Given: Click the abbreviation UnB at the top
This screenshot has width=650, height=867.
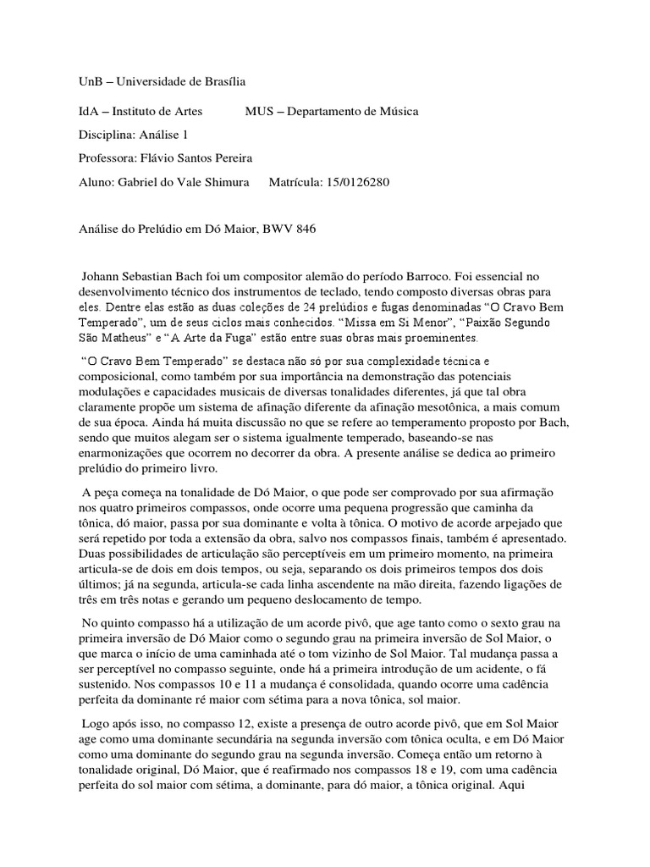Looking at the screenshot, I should click(90, 81).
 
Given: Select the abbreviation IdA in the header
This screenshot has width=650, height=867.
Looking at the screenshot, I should click(89, 112).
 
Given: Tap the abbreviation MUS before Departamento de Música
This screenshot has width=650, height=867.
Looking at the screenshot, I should click(259, 112).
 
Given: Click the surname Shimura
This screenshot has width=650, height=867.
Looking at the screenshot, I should click(229, 181).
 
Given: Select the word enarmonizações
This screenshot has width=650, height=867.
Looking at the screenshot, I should click(124, 454).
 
